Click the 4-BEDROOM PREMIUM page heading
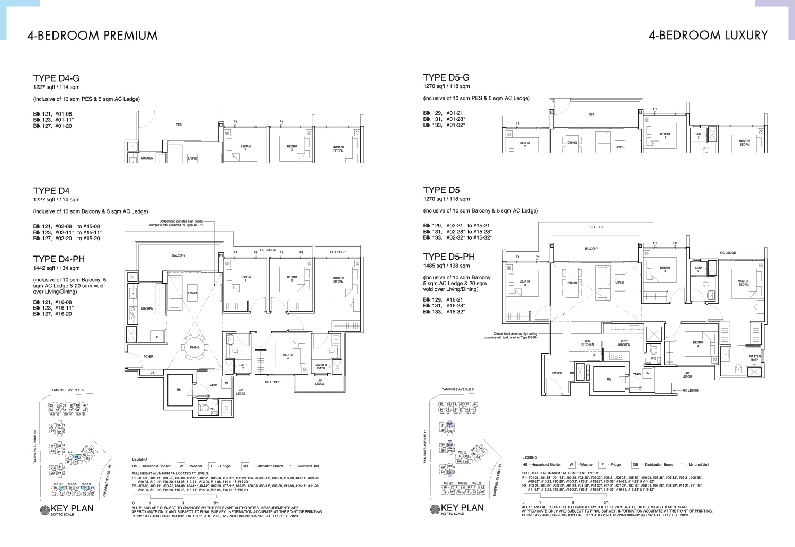tap(92, 36)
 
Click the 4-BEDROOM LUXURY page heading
tap(708, 36)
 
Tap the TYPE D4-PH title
tap(59, 259)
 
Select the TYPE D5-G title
tap(446, 77)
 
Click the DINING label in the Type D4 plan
tap(195, 347)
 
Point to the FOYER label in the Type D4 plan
tap(148, 356)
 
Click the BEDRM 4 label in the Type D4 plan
tap(288, 356)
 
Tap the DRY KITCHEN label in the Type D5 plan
tap(587, 343)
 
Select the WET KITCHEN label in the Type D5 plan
tap(624, 343)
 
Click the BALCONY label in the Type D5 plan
tap(591, 248)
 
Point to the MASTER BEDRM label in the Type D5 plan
tap(744, 283)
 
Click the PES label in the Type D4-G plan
tap(179, 125)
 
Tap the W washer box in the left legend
tap(181, 466)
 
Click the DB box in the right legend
tap(635, 464)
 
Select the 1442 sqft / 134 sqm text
tap(56, 268)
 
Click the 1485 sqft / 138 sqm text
tap(446, 266)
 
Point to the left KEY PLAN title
tap(72, 508)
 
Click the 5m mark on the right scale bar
tap(606, 501)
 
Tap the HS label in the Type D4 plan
tap(179, 390)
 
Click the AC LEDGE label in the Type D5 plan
tap(687, 375)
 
